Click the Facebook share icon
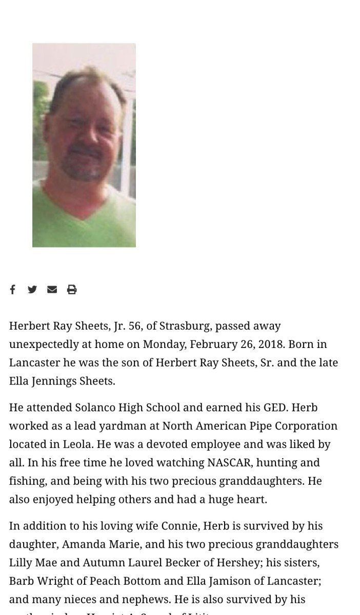(13, 290)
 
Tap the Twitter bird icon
(32, 290)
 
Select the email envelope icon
(52, 290)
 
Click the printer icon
(72, 290)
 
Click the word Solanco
(95, 408)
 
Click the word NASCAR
(229, 463)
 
